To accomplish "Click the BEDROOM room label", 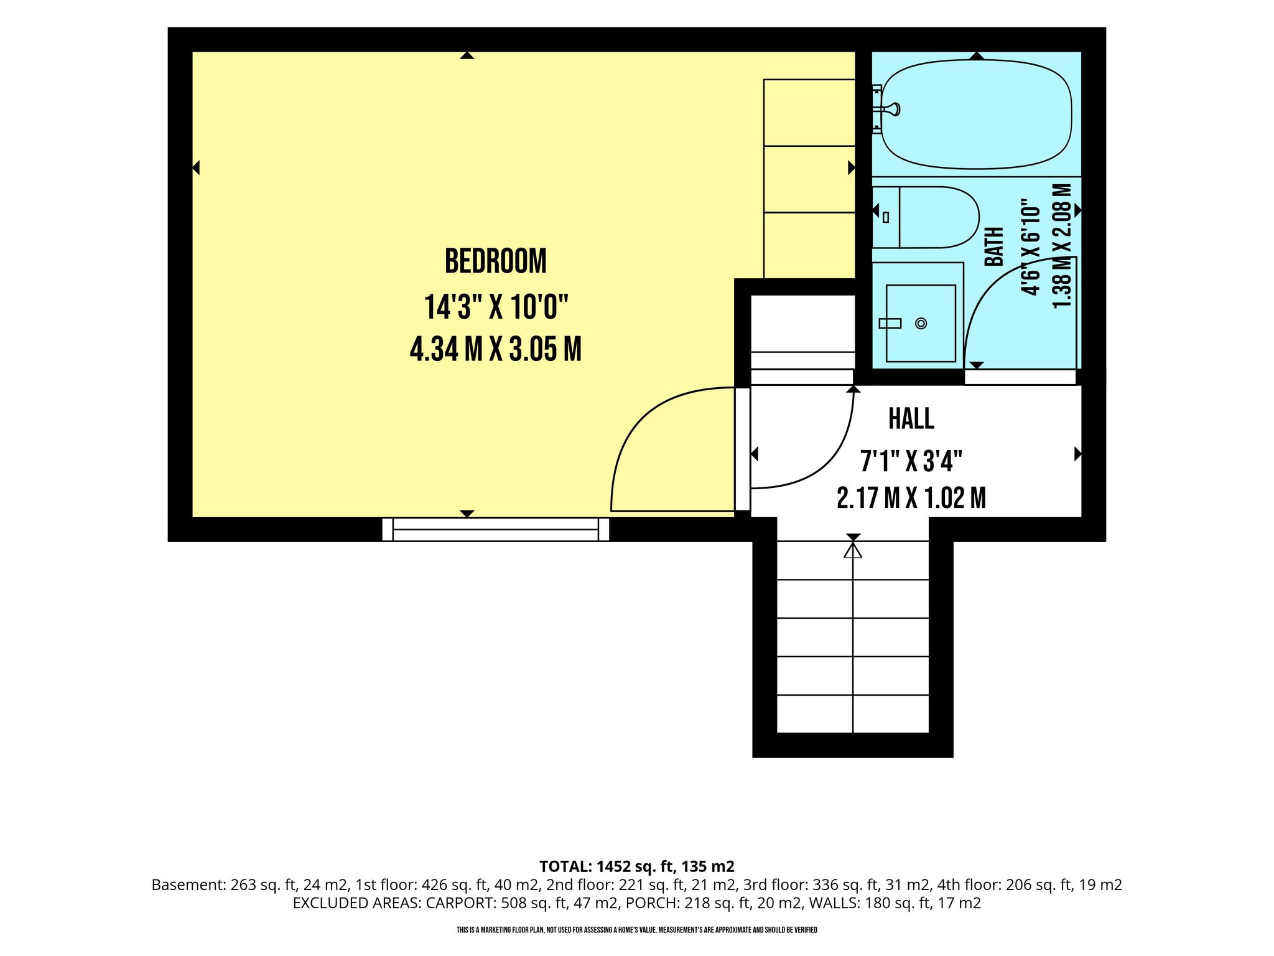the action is tap(495, 261).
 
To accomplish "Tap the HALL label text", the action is tap(911, 419).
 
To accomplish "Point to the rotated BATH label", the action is tap(995, 246).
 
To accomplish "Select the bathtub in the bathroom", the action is tap(976, 114).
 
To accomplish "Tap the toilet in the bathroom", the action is tap(925, 217).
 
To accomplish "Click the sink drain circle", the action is tap(921, 324).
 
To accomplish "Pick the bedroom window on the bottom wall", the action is tap(495, 529).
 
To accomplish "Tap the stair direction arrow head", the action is tap(853, 550).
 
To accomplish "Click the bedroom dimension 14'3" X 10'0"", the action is tap(496, 307).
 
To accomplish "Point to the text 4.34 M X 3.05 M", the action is tap(496, 349).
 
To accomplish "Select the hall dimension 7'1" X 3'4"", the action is tap(911, 462).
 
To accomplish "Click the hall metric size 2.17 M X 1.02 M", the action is tap(911, 498).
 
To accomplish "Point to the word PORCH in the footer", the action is tap(650, 902).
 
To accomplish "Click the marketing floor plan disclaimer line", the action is tap(636, 930).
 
